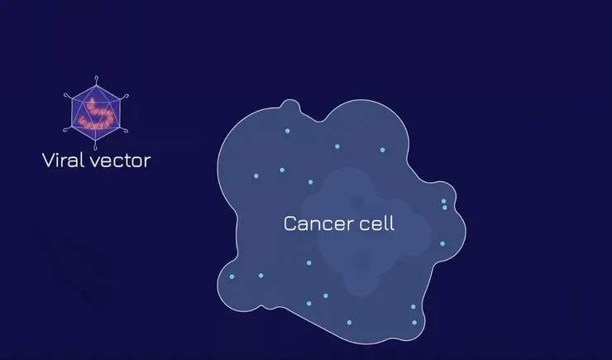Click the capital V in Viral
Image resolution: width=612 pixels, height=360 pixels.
pyautogui.click(x=49, y=161)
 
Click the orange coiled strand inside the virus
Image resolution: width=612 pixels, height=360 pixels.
pyautogui.click(x=96, y=115)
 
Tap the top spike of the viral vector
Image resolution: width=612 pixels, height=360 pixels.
pyautogui.click(x=96, y=80)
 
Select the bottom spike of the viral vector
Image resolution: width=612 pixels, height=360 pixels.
pyautogui.click(x=96, y=146)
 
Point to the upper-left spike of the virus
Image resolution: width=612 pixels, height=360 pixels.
pyautogui.click(x=68, y=97)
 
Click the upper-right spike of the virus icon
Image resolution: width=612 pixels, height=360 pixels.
pyautogui.click(x=124, y=97)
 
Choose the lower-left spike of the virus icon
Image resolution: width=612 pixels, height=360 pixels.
pyautogui.click(x=68, y=129)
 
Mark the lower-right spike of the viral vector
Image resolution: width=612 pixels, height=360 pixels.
pyautogui.click(x=124, y=130)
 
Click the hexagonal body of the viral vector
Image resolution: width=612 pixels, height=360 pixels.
pyautogui.click(x=96, y=113)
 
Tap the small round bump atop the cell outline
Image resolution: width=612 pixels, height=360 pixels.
pyautogui.click(x=290, y=104)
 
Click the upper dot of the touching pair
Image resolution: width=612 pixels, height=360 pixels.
pyautogui.click(x=443, y=201)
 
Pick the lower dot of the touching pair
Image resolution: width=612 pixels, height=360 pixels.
pyautogui.click(x=445, y=208)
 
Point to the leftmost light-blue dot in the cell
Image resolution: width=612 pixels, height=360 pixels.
pyautogui.click(x=232, y=276)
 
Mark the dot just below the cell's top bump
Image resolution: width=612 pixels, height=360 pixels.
pyautogui.click(x=287, y=131)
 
